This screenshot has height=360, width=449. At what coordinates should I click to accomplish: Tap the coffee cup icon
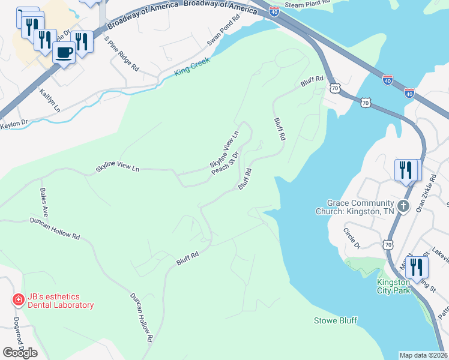(x=64, y=52)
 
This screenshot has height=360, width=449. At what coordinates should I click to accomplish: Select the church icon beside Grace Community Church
(x=403, y=207)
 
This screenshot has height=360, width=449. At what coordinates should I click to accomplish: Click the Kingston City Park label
(x=393, y=287)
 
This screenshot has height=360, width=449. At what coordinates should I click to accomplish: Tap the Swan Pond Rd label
(x=224, y=29)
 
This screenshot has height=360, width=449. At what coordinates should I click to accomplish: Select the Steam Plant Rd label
(x=308, y=4)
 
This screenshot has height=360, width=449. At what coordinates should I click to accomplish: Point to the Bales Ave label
(x=44, y=203)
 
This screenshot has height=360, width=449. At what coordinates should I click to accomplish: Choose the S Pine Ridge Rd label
(x=122, y=54)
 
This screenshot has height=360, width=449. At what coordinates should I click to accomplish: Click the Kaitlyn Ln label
(x=50, y=100)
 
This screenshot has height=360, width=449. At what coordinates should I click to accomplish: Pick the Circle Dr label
(x=351, y=238)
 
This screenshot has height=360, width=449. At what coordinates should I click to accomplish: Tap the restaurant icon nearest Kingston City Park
(x=417, y=268)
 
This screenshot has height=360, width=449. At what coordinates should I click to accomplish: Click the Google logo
(x=20, y=353)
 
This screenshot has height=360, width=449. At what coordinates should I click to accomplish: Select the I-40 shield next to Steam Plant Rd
(x=273, y=11)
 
